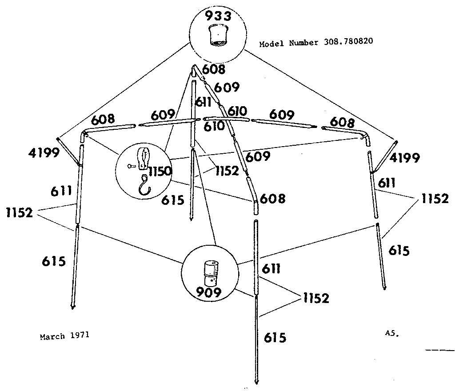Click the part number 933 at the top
coord(218,16)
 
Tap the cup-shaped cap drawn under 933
coord(218,35)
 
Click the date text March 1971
coord(65,336)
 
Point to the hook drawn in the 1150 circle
coord(145,185)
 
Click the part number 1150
coord(160,171)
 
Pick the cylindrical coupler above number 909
coord(211,273)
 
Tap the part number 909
coord(209,292)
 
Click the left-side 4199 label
coord(44,152)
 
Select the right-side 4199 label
coord(404,158)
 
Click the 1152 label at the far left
coord(20,213)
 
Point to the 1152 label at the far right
coord(435,199)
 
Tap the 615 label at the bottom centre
coord(275,338)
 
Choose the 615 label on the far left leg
coord(54,261)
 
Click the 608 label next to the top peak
coord(214,69)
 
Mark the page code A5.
coord(392,333)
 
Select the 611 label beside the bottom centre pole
coord(271,269)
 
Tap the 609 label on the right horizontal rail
coord(282,115)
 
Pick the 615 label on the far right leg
coord(399,250)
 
